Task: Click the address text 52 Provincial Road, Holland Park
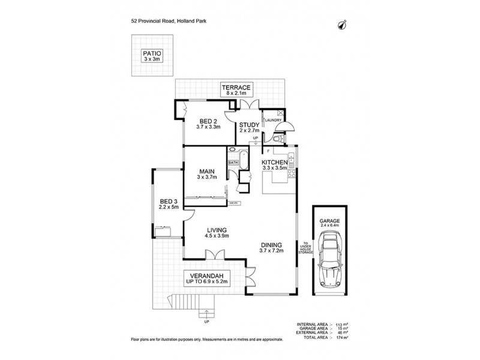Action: pos(169,19)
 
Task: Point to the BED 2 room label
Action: pos(209,124)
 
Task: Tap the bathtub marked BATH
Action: pos(233,162)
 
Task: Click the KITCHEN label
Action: pos(276,165)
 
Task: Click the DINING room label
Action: pos(271,247)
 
